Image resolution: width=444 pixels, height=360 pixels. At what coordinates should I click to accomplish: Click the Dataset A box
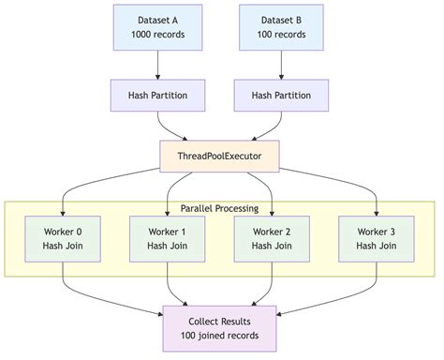[156, 27]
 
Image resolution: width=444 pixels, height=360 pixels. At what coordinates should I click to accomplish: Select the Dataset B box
[282, 27]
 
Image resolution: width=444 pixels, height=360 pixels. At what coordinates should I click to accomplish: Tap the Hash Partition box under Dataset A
[156, 96]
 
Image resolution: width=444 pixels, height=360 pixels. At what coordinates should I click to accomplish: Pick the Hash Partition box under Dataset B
[282, 96]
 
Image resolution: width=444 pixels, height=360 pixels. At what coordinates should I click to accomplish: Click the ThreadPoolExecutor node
[219, 154]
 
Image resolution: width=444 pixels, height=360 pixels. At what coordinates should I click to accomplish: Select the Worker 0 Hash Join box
[63, 238]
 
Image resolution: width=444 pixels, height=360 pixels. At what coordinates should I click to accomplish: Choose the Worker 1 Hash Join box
[167, 238]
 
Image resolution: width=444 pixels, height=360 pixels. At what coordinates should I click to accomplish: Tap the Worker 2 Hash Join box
[273, 238]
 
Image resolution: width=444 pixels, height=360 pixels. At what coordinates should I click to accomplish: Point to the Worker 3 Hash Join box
[377, 238]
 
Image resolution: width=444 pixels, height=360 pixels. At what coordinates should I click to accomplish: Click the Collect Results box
[219, 328]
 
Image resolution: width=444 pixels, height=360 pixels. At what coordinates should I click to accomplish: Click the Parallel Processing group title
[219, 207]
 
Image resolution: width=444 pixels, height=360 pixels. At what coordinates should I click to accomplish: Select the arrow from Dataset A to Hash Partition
[156, 64]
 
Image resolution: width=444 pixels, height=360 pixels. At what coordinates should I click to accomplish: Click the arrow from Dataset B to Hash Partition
[282, 64]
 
